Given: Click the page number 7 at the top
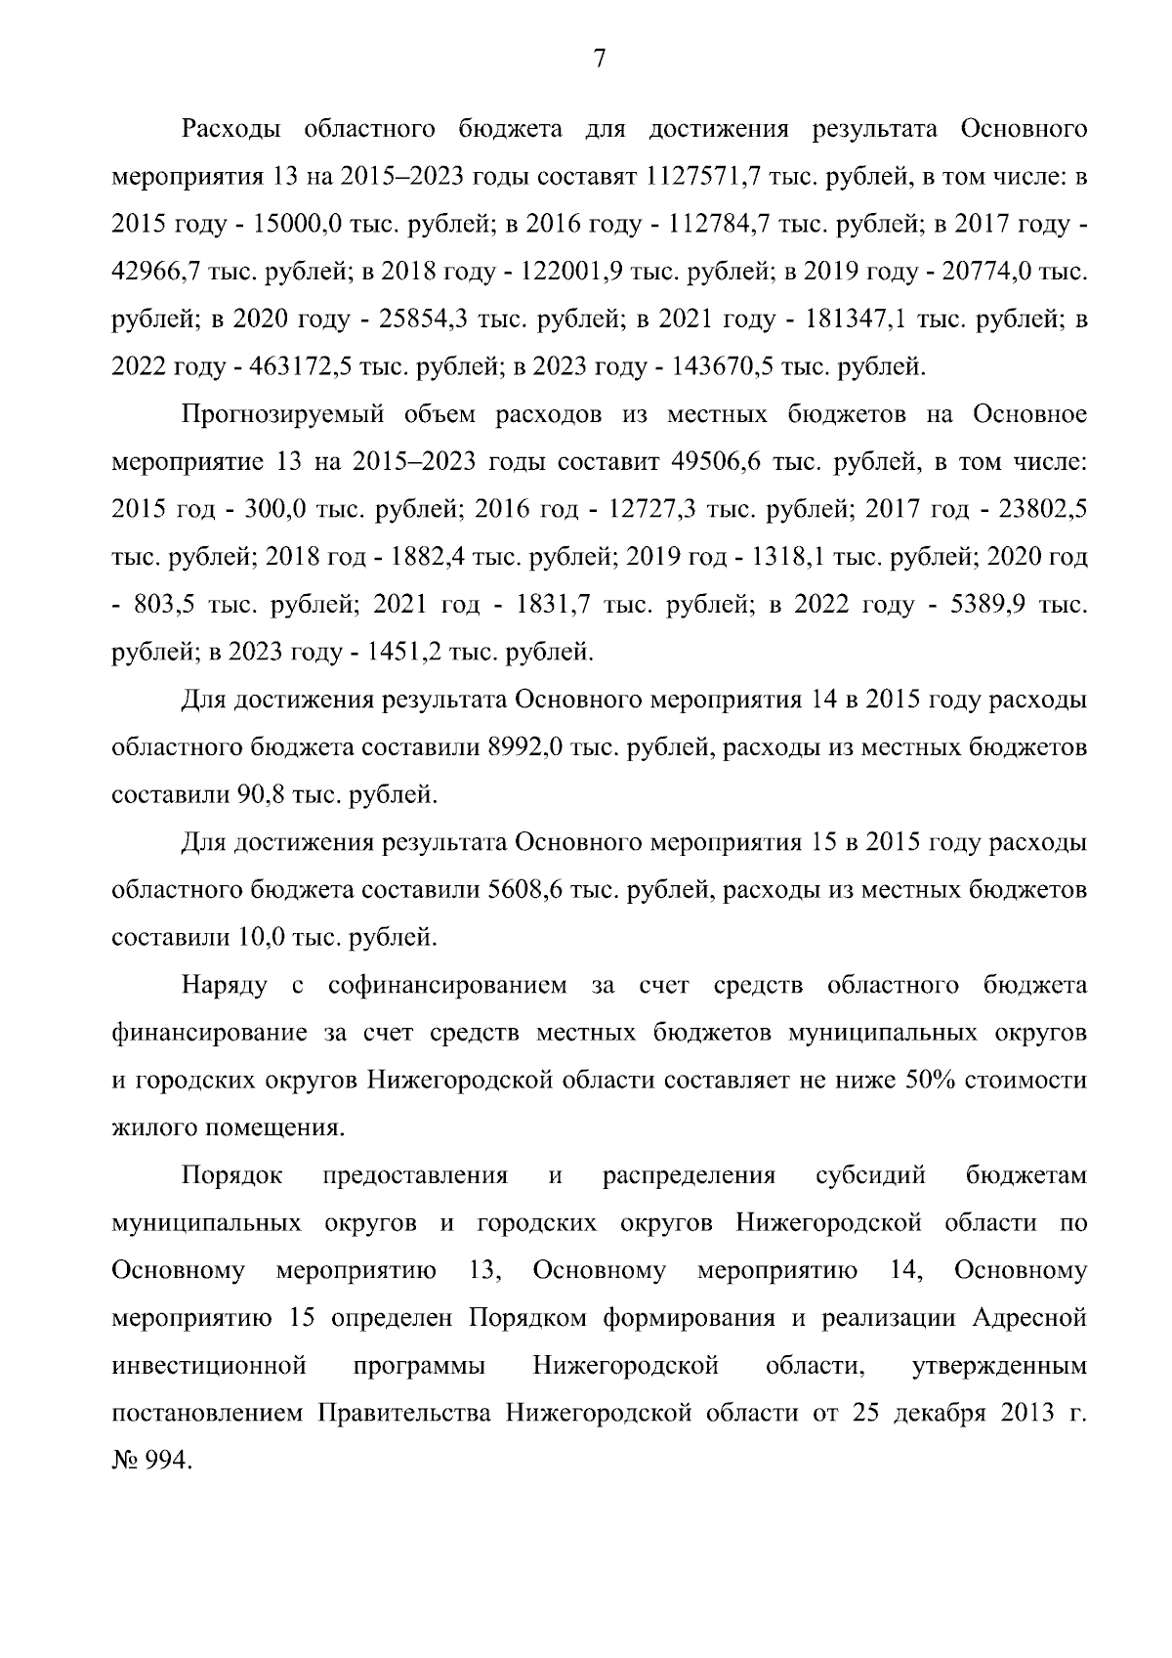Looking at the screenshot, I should click(600, 61).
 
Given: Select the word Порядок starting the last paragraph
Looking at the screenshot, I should click(232, 1175).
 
